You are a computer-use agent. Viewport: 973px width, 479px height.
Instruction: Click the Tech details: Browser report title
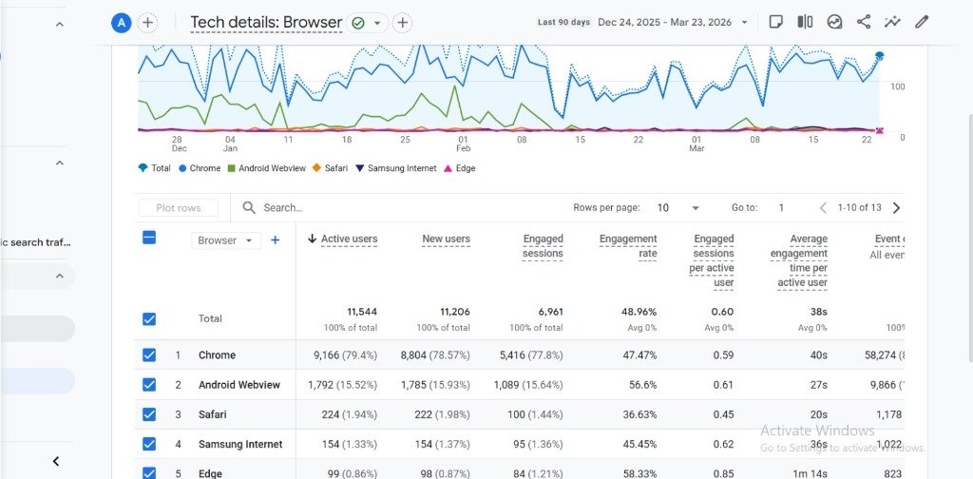pos(266,22)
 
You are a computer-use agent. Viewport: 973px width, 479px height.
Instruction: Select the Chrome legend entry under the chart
pos(199,168)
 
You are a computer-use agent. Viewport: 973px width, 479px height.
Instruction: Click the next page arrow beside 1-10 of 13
pos(896,207)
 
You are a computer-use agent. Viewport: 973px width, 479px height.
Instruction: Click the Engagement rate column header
pos(628,246)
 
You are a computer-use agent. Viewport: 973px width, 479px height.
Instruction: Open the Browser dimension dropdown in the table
pos(226,240)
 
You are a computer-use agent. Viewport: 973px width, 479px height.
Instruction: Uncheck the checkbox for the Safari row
pos(149,414)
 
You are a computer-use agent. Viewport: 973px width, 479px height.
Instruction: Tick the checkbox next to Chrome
pos(149,355)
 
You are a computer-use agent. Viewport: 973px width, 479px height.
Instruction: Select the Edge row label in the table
pos(211,473)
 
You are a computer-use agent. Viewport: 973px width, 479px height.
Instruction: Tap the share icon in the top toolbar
pos(864,22)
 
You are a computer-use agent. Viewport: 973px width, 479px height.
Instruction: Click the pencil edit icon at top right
pos(921,22)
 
